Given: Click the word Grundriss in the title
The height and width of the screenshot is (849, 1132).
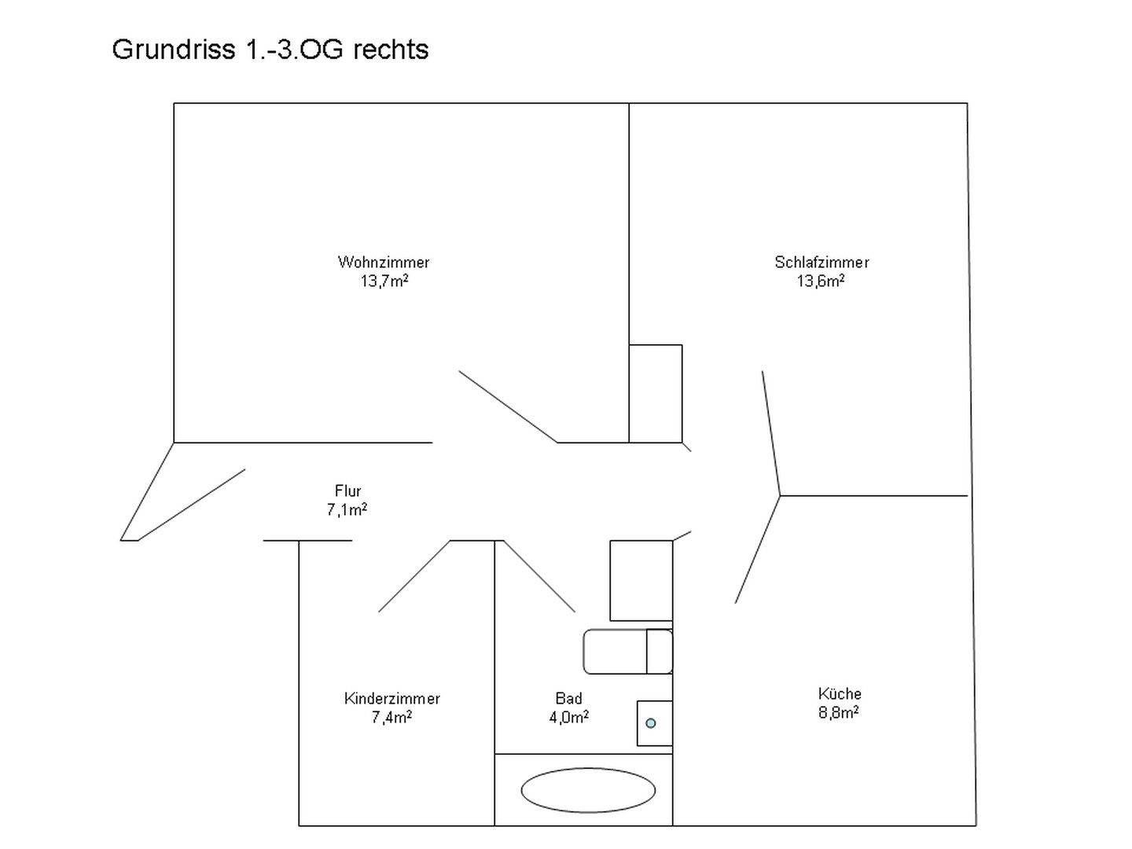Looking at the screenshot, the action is [x=173, y=50].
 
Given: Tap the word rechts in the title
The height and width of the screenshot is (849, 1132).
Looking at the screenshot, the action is [x=391, y=50].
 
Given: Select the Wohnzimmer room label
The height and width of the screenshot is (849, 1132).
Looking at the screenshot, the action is [x=384, y=263].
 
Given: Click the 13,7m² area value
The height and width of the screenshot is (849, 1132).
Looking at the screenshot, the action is [x=384, y=281].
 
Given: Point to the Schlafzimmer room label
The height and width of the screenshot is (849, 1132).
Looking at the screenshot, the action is [x=821, y=263].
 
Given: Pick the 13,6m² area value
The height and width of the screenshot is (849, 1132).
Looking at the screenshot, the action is [x=821, y=281].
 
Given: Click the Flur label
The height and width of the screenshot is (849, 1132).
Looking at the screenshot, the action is [x=347, y=491].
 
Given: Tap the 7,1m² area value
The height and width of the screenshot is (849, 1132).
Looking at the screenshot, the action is [x=347, y=509].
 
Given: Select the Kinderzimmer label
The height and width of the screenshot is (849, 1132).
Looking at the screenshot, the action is [x=392, y=699].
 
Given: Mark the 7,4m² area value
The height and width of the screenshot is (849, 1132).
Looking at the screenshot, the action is [x=391, y=717].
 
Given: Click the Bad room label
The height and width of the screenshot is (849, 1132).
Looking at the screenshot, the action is [x=568, y=698].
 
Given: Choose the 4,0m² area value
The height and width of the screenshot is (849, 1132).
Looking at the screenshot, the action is [x=569, y=717].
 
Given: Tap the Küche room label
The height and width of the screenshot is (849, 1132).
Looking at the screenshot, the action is [x=840, y=693].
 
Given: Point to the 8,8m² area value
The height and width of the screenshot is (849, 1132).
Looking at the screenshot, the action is [x=839, y=712].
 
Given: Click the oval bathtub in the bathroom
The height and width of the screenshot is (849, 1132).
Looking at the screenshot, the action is [x=588, y=790].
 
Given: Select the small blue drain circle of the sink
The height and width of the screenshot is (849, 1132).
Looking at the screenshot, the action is [x=650, y=723].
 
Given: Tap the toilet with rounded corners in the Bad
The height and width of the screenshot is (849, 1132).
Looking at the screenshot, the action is [x=627, y=652].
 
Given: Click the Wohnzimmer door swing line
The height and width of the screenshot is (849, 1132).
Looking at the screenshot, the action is [x=508, y=406].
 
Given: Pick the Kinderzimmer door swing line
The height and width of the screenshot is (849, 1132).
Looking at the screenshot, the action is [x=414, y=576].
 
